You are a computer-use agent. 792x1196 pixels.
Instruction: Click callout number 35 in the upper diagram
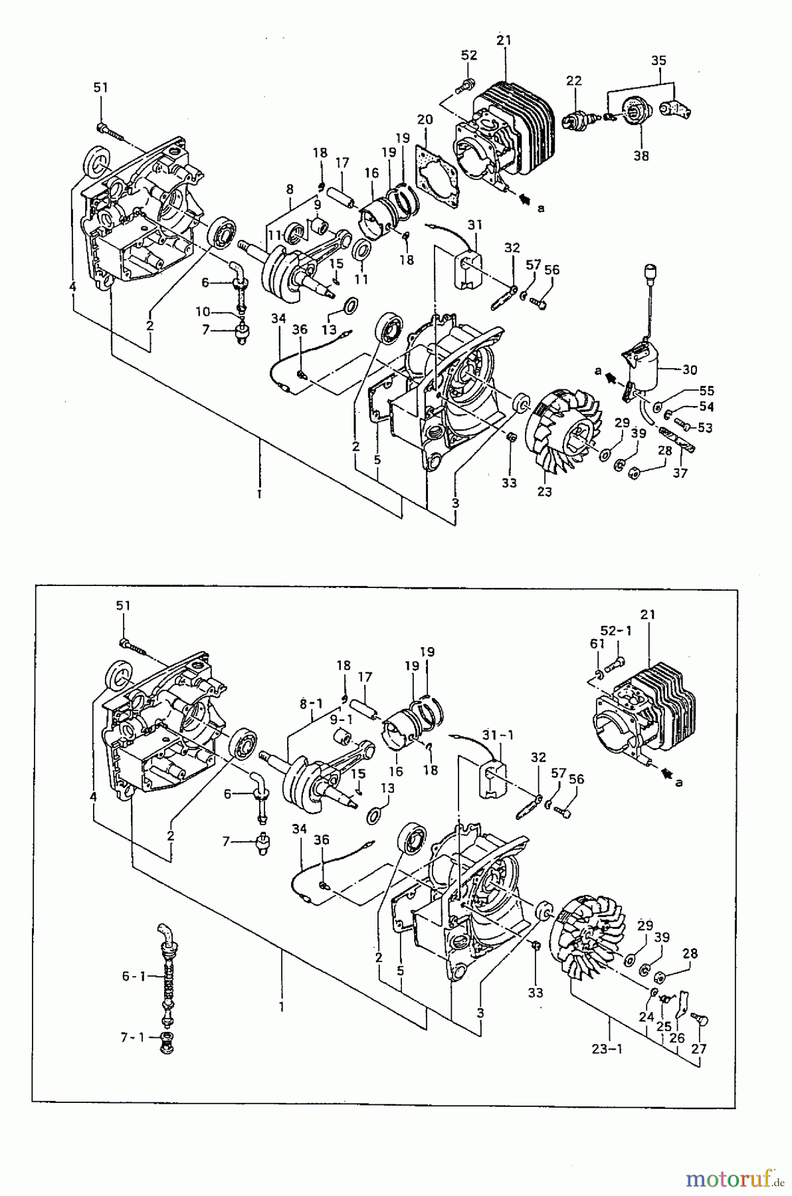[x=658, y=60]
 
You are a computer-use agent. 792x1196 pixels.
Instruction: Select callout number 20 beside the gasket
[x=425, y=120]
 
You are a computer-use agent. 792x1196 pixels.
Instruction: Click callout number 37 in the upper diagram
[x=680, y=473]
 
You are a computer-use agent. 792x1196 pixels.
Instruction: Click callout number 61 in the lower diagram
[x=597, y=643]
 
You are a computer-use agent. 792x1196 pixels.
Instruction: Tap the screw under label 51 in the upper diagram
[x=110, y=130]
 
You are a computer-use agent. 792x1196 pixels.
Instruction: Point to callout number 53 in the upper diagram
[x=705, y=428]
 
